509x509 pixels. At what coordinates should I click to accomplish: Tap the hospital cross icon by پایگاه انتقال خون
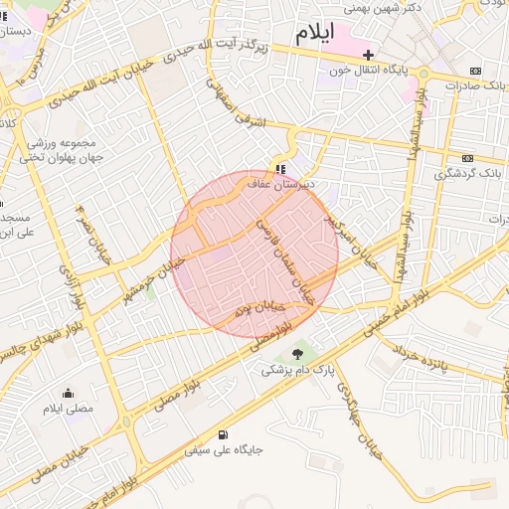[370, 55]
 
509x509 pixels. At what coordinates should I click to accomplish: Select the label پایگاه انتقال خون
[371, 72]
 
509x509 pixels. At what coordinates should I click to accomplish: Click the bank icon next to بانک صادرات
[476, 71]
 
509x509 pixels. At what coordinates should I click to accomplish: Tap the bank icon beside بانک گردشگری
[467, 157]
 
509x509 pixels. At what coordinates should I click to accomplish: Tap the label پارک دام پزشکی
[296, 369]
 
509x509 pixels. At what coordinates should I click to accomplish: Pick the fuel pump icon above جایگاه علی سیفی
[221, 433]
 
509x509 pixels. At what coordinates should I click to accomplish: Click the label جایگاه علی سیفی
[223, 450]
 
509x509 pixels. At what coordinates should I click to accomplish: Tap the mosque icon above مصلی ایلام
[68, 393]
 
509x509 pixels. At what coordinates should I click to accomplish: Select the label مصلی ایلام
[68, 409]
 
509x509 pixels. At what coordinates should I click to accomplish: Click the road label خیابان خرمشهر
[152, 278]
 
